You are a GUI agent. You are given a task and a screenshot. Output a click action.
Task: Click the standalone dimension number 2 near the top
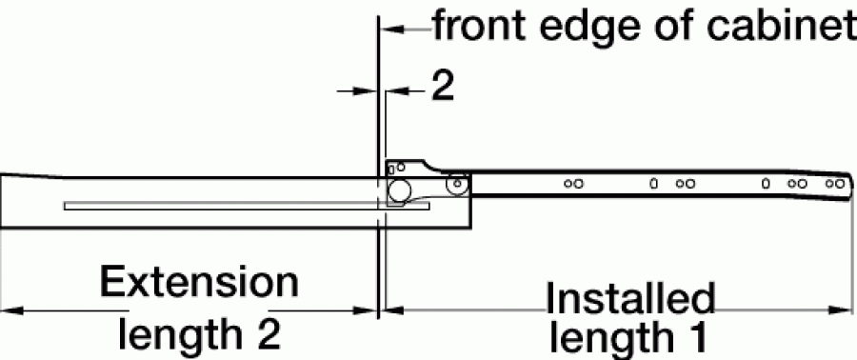(x=443, y=87)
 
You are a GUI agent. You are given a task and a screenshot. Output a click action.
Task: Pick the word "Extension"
(x=199, y=282)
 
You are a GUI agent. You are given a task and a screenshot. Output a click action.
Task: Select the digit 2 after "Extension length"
(x=268, y=334)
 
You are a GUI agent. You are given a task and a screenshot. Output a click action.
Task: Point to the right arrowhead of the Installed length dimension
(x=841, y=310)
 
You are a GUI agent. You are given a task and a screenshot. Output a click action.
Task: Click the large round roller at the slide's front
(x=399, y=190)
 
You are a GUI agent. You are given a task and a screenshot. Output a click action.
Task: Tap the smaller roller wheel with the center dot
(x=457, y=183)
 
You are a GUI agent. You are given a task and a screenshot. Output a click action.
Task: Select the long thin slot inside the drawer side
(x=247, y=206)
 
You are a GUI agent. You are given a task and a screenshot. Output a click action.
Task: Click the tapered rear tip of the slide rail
(x=851, y=186)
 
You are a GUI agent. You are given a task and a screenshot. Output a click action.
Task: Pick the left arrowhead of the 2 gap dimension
(x=364, y=91)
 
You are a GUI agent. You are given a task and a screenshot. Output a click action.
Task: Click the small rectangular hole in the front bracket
(x=390, y=170)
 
